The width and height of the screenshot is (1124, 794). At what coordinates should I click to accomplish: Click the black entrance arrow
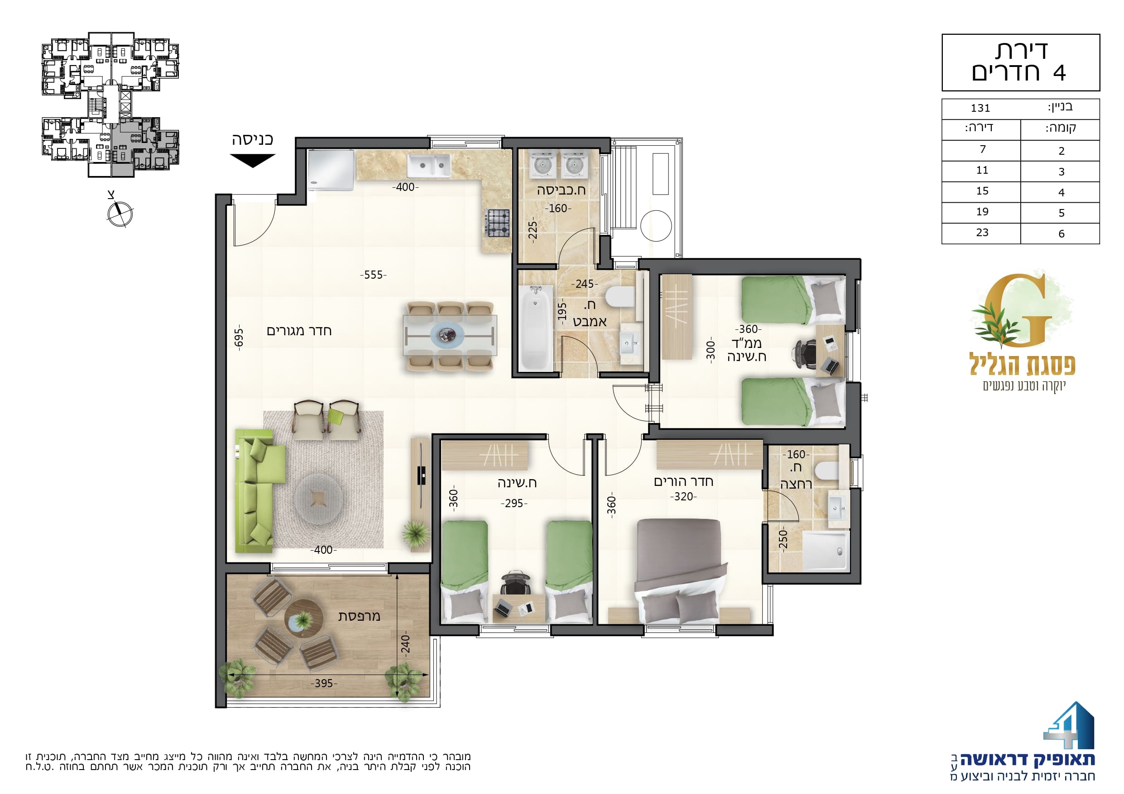(x=253, y=160)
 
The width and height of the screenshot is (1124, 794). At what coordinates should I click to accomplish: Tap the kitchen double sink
(x=429, y=166)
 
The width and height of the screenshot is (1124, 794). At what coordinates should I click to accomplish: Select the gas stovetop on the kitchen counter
(x=497, y=223)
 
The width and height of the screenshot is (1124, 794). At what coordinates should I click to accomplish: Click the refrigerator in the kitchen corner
(x=331, y=170)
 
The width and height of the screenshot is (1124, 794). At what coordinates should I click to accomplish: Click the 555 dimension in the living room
(x=374, y=275)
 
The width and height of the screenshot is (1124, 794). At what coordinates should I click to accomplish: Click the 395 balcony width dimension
(x=324, y=683)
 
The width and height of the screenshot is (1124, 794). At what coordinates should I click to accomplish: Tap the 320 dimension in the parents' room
(x=683, y=497)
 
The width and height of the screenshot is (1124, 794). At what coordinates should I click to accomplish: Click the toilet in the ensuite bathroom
(x=827, y=471)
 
